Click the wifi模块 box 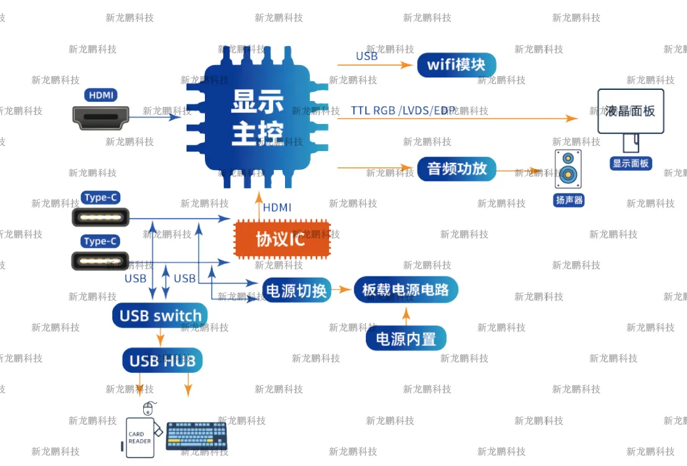456,65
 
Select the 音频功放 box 456,169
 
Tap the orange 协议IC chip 282,239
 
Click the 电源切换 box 296,290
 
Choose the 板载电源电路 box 405,290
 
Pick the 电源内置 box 406,339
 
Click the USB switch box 160,316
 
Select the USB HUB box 162,360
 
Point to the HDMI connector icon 100,117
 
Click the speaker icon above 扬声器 568,169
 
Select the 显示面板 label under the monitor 631,163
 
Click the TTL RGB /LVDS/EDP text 403,110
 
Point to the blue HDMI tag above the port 100,95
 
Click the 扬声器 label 569,200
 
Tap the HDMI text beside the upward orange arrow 277,207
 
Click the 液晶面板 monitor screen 630,111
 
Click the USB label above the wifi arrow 366,56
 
